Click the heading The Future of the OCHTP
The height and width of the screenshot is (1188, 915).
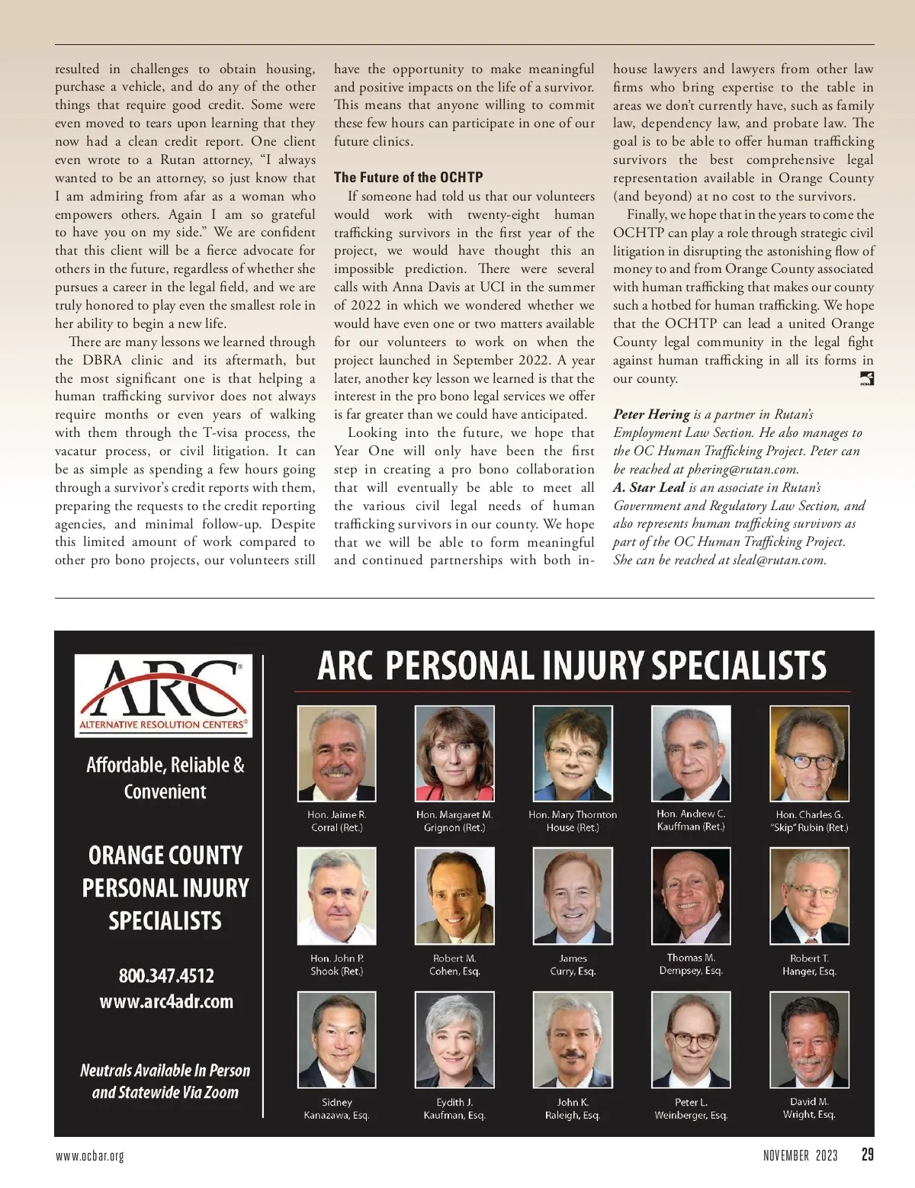tap(408, 178)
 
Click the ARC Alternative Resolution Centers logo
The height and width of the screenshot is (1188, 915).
tap(164, 695)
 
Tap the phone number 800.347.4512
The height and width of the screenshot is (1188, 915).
tap(166, 975)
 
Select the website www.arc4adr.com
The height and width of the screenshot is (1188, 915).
tap(166, 1001)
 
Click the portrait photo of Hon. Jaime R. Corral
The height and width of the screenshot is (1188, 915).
tap(336, 753)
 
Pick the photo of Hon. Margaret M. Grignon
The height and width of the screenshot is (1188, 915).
tap(454, 753)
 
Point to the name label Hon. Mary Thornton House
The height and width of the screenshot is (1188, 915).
tap(573, 821)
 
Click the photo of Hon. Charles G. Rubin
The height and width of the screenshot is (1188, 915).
tap(809, 753)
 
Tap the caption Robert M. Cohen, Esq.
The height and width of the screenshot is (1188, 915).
tap(454, 965)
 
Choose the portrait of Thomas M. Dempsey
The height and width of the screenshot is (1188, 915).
tap(691, 895)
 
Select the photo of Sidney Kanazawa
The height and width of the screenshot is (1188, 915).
tap(336, 1039)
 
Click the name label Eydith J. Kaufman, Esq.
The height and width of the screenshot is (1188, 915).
tap(454, 1109)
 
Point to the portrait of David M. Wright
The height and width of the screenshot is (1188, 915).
tap(809, 1039)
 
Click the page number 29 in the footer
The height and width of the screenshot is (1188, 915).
tap(868, 1154)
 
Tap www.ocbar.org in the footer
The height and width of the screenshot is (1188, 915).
tap(90, 1156)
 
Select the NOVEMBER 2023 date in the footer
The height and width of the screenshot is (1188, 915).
tap(800, 1156)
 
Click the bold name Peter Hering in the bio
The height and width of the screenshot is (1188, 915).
tap(651, 415)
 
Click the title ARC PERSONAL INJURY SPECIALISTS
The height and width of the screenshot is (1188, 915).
tap(572, 665)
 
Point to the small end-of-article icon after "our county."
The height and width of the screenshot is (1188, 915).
tap(866, 379)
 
